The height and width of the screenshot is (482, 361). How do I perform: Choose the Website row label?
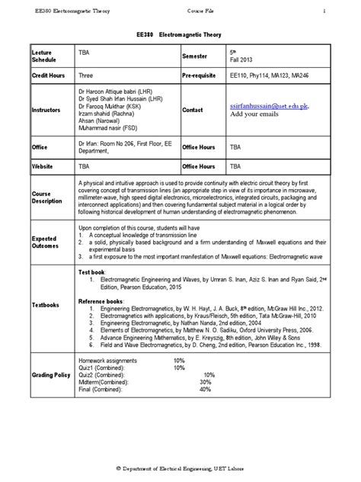43,165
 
